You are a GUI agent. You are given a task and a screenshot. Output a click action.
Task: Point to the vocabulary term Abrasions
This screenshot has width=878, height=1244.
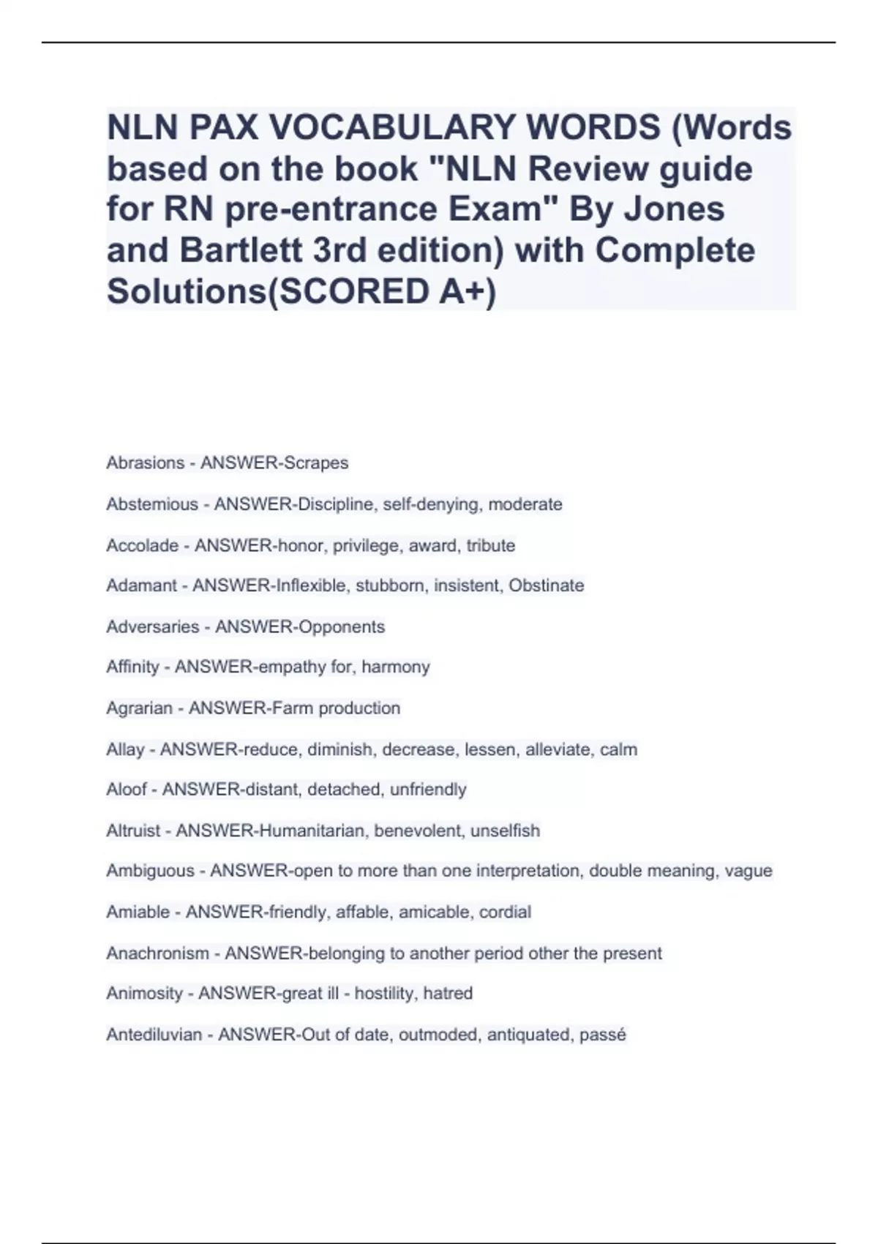(145, 463)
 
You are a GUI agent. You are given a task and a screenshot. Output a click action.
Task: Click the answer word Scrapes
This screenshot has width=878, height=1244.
(315, 463)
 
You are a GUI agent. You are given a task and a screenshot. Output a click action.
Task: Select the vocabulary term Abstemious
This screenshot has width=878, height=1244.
(152, 504)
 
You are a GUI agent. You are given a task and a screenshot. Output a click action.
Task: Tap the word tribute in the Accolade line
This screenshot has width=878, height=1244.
(490, 545)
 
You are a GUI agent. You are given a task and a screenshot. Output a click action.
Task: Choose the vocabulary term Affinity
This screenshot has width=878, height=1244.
(132, 667)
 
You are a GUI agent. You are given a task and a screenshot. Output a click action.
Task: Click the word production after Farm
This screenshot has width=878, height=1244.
(359, 708)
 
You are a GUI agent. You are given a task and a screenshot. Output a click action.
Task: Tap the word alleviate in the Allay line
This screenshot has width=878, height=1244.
(558, 749)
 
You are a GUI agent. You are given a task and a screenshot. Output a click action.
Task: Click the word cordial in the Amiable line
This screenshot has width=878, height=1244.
(505, 912)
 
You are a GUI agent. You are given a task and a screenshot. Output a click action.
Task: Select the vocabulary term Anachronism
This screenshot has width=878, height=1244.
(157, 953)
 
